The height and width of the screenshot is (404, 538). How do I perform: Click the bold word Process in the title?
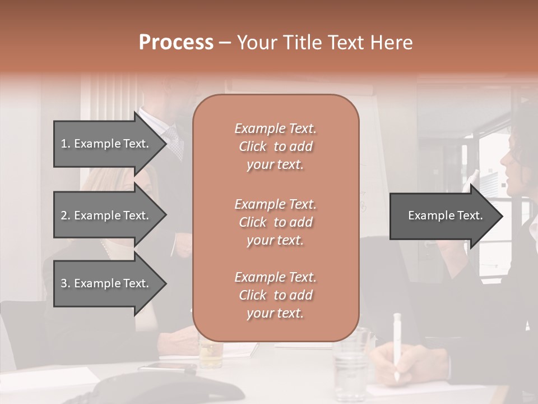(x=176, y=42)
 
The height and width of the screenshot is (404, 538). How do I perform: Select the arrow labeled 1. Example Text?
(x=104, y=144)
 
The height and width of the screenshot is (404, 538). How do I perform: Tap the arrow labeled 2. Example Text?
(x=104, y=215)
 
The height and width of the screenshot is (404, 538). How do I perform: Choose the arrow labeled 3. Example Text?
(x=104, y=283)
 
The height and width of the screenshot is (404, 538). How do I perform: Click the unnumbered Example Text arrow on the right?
(x=445, y=215)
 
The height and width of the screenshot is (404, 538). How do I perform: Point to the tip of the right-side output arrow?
(x=502, y=216)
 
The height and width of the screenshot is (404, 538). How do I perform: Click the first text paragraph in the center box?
(x=275, y=146)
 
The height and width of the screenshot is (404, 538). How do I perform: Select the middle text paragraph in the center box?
(x=275, y=222)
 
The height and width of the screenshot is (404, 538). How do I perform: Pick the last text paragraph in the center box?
(x=275, y=295)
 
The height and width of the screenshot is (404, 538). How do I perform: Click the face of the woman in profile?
(x=513, y=163)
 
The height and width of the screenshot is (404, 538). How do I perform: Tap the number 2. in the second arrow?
(x=66, y=215)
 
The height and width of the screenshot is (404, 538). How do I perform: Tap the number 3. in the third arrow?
(x=66, y=283)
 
